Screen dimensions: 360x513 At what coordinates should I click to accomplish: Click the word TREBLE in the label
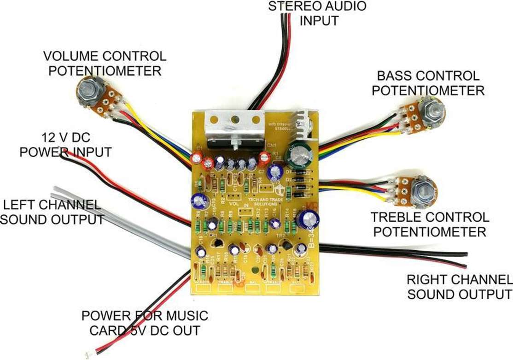coord(400,217)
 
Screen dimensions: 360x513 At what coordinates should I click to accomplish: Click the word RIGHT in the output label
coord(426,279)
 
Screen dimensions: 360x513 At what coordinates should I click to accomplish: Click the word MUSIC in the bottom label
coord(185,316)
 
